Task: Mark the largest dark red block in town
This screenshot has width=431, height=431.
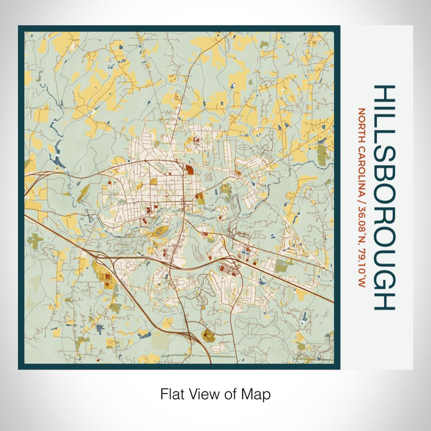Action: (x=189, y=170)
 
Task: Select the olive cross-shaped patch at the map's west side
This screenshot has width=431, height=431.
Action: (x=35, y=240)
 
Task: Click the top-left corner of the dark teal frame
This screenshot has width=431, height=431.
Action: (x=20, y=27)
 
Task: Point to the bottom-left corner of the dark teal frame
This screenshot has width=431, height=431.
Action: (x=20, y=368)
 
